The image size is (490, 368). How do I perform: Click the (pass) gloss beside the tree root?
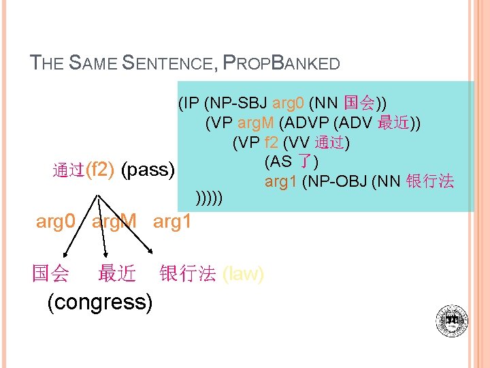(x=148, y=169)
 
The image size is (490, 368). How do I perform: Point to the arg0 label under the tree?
(x=55, y=222)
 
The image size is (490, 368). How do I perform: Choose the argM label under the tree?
(x=114, y=222)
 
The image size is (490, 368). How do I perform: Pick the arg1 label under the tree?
(x=172, y=222)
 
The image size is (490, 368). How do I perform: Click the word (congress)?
(x=100, y=301)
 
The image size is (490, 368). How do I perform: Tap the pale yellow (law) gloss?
(x=243, y=274)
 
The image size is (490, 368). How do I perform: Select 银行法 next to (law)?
(x=187, y=274)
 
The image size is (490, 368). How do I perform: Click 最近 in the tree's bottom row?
(x=117, y=274)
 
